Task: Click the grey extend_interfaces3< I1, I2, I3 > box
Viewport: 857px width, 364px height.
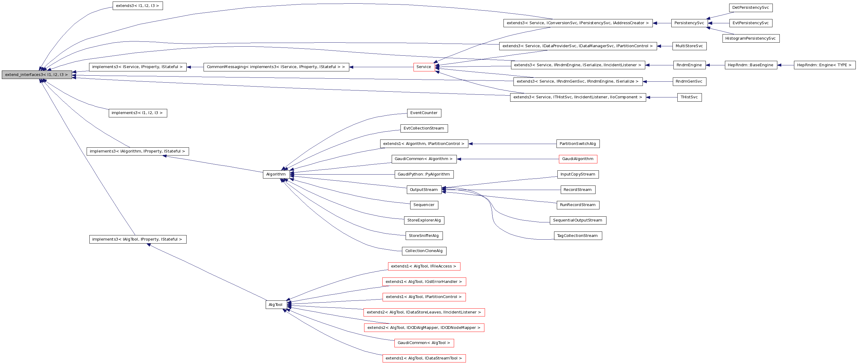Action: (37, 75)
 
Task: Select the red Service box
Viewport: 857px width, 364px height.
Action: (424, 67)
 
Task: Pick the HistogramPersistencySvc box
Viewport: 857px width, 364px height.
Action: (751, 38)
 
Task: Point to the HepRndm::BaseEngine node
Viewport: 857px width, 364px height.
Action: (751, 65)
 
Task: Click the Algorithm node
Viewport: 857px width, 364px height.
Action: (275, 175)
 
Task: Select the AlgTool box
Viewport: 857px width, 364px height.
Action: (275, 305)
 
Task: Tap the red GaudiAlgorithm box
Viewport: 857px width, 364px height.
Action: (577, 159)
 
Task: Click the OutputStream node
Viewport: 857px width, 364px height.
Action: (424, 190)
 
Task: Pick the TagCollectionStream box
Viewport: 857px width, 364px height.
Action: (577, 236)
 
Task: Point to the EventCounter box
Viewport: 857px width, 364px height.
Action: (424, 113)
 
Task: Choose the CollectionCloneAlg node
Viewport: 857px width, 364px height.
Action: (424, 251)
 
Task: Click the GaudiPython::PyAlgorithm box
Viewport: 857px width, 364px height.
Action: (424, 175)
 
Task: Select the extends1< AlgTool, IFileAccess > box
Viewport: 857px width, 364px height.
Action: (424, 267)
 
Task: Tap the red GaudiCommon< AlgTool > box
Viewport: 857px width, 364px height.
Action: (424, 343)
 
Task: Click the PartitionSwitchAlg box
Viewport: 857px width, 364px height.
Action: (577, 144)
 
